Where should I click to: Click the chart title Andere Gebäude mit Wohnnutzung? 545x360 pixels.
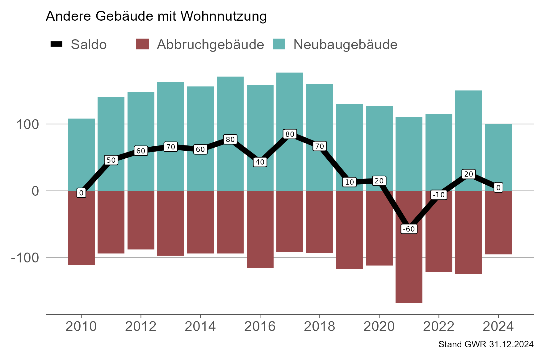click(x=156, y=16)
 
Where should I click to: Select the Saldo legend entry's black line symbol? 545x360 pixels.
click(x=57, y=44)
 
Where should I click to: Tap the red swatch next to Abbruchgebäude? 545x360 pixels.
click(x=142, y=44)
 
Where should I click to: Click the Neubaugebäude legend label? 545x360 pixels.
click(x=345, y=44)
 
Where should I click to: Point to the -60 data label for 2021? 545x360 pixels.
click(x=409, y=229)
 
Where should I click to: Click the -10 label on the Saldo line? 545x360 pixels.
click(x=439, y=195)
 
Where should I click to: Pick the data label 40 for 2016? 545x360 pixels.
click(x=260, y=162)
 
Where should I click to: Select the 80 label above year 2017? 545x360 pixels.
click(x=290, y=134)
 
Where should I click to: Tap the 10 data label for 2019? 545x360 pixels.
click(x=349, y=182)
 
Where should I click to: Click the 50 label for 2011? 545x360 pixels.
click(x=111, y=160)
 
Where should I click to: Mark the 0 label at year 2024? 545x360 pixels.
click(x=498, y=187)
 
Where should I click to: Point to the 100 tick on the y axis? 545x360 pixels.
click(x=27, y=124)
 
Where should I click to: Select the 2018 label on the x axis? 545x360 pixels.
click(x=319, y=326)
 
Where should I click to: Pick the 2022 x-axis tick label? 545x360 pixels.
click(x=438, y=326)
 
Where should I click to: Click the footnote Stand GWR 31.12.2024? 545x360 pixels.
click(x=486, y=345)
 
